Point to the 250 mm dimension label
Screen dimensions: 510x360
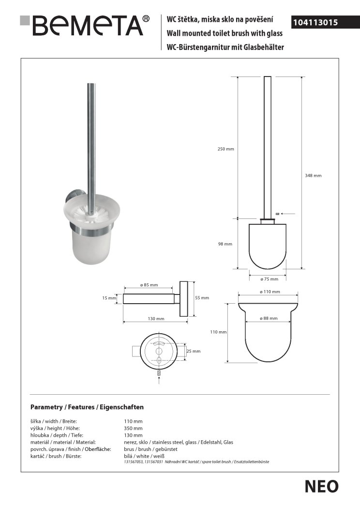(x=226, y=149)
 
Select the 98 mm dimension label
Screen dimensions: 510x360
(x=225, y=244)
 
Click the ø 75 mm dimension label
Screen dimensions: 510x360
(x=269, y=279)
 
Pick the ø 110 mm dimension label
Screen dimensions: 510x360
(x=270, y=292)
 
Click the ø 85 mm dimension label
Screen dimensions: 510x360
(x=149, y=285)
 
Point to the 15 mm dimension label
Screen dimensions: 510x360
(x=109, y=298)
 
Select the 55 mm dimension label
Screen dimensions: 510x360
(x=202, y=298)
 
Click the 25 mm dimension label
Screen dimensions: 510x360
(x=194, y=351)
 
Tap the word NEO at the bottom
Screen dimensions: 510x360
(x=322, y=486)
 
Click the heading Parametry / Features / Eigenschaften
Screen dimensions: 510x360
(x=87, y=407)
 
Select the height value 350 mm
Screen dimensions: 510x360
(x=134, y=428)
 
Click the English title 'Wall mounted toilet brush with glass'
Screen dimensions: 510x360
(x=225, y=34)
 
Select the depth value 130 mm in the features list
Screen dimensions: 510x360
(x=134, y=435)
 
